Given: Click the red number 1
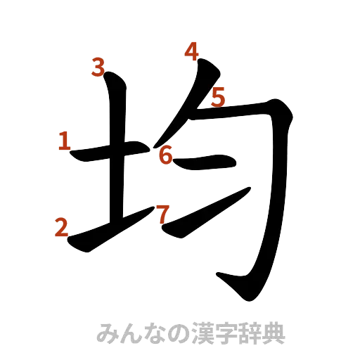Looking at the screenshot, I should pos(64,142).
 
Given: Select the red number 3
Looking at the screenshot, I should pos(98,68).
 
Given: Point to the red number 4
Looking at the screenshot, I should pos(192,50).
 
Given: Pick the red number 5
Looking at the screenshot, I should pos(218,96).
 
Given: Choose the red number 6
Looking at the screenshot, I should pos(165,155).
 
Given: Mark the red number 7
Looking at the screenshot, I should pos(162,213).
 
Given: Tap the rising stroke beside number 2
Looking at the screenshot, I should pos(105,229).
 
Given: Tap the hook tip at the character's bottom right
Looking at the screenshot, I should pos(224,278).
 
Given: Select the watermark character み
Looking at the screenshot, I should pos(108,332).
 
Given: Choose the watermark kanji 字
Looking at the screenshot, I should pos(229,332).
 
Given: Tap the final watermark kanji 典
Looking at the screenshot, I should pos(276,332).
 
